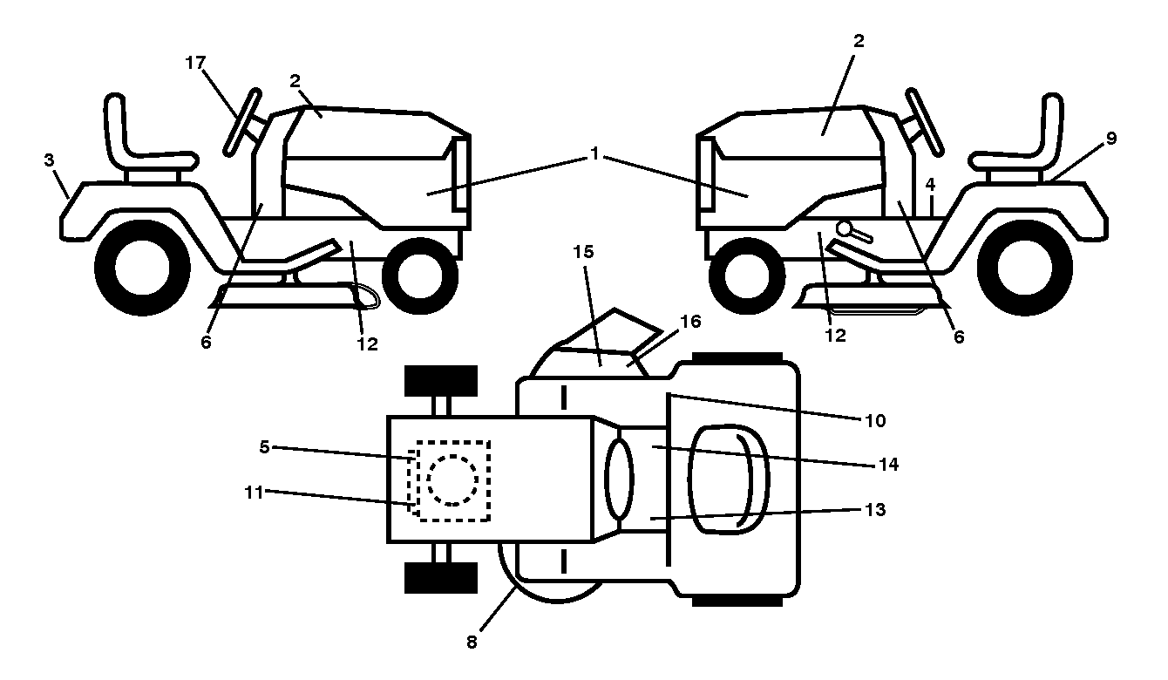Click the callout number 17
195,63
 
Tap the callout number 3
49,160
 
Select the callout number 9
1111,139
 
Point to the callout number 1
594,153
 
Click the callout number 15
583,252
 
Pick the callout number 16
690,322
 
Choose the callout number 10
875,421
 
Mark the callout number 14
889,464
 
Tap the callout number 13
875,509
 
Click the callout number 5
264,447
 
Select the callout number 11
254,493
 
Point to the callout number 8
472,642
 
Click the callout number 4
930,184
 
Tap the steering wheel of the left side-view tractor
242,123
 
